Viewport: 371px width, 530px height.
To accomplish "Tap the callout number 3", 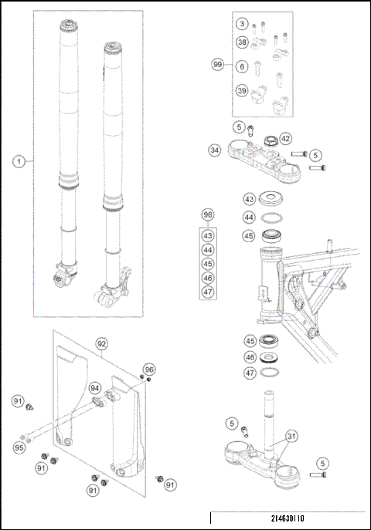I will point(243,25).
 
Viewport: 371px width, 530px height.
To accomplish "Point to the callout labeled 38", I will point(243,42).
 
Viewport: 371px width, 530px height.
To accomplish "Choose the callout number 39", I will point(243,91).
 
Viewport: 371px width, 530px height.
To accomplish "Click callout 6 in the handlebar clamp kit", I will point(243,67).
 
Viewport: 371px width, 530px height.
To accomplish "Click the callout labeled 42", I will point(286,139).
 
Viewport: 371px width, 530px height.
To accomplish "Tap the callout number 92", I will point(100,343).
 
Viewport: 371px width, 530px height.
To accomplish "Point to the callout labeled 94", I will point(94,388).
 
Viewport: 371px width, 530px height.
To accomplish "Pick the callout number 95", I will point(19,447).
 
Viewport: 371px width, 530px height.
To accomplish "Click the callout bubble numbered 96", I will point(149,369).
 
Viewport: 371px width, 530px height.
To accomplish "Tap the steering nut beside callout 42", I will point(270,141).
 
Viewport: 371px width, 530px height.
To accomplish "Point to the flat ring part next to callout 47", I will point(270,372).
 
